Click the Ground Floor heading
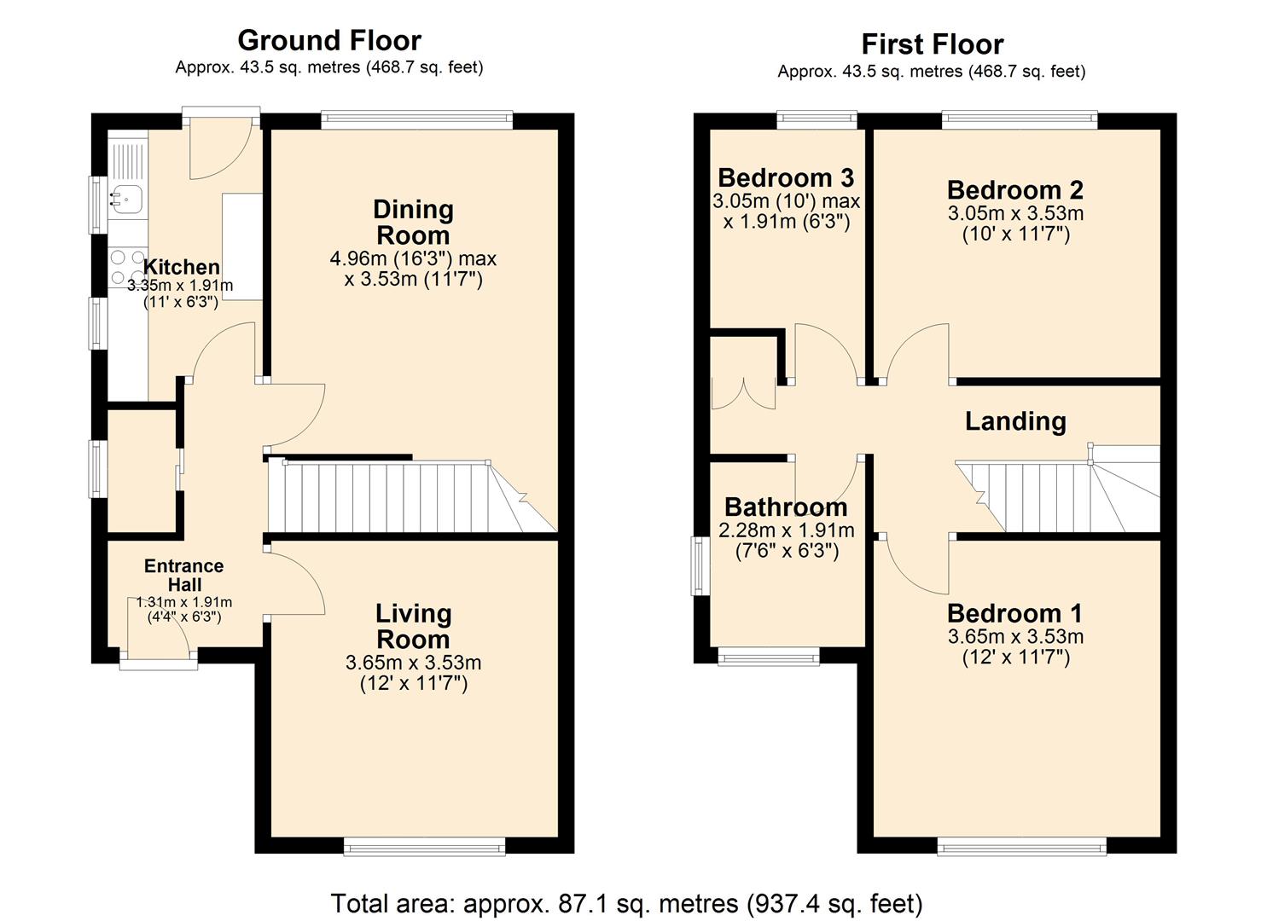[328, 40]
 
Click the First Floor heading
[932, 43]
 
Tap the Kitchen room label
[181, 267]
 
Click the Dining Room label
[413, 222]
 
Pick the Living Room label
[413, 626]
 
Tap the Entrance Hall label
[184, 575]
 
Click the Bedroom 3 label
[785, 177]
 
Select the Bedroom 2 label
[1014, 189]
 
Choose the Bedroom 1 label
[1014, 613]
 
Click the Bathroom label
[786, 507]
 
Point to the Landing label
[1015, 421]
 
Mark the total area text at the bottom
[626, 902]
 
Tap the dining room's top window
[416, 120]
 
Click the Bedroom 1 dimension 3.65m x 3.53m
[1015, 636]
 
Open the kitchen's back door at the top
[220, 145]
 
